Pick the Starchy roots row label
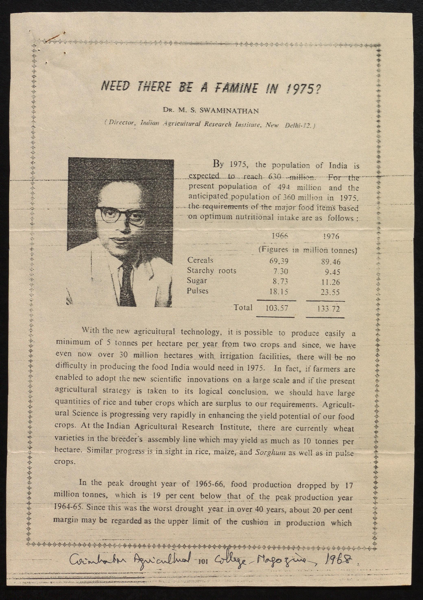point(211,270)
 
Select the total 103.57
point(277,308)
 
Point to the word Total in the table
point(243,308)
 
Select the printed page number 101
point(203,561)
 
